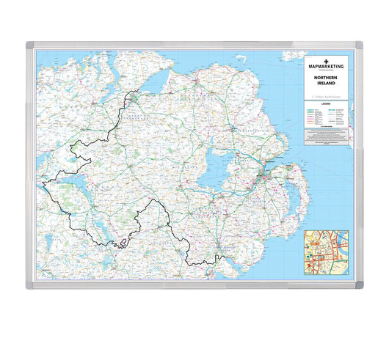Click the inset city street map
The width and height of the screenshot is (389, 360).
(x=327, y=251)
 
